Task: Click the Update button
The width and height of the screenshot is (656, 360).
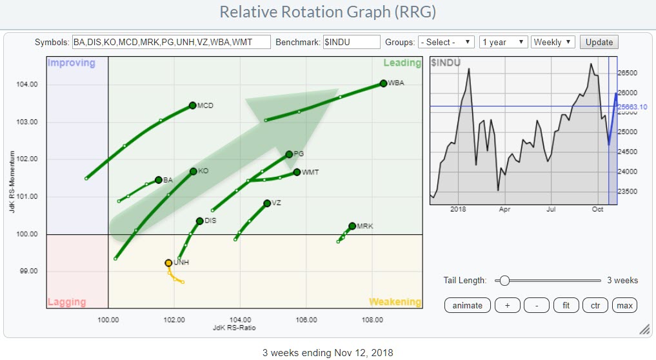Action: coord(599,42)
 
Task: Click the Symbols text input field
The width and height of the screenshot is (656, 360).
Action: coord(171,42)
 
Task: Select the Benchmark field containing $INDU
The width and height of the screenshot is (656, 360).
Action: coord(351,42)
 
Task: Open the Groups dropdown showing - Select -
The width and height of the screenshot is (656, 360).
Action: coord(446,42)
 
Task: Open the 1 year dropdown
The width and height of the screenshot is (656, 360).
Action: coord(504,42)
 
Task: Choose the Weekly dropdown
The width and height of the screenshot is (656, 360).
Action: coord(553,42)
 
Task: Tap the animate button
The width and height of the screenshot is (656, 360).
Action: coord(468,305)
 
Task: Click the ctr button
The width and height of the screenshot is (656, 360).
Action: coord(595,305)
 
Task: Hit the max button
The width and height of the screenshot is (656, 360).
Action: coord(624,305)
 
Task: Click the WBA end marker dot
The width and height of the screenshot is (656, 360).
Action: coord(383,83)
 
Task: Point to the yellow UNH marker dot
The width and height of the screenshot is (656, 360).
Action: coord(168,263)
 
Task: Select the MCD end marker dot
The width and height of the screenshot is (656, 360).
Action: coord(192,105)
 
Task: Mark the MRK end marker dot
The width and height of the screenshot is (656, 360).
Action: coord(352,226)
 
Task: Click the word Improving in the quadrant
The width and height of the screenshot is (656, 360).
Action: coord(72,63)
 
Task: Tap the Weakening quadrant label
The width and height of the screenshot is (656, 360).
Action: coord(395,302)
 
